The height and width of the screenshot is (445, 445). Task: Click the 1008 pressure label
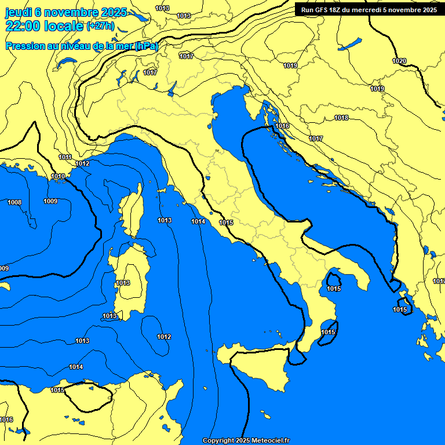click(x=14, y=202)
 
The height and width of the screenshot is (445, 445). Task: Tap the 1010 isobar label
click(x=58, y=176)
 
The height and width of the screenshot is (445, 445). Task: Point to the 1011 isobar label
click(x=65, y=157)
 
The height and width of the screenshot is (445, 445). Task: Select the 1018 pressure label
click(x=341, y=118)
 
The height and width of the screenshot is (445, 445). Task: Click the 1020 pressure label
click(x=399, y=61)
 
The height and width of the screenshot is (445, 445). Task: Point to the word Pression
click(x=24, y=46)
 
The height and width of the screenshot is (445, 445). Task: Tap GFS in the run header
click(x=320, y=10)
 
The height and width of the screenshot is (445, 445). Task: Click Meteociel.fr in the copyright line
click(x=271, y=441)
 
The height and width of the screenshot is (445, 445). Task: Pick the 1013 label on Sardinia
click(x=123, y=283)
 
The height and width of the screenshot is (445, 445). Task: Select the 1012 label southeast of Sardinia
click(x=164, y=337)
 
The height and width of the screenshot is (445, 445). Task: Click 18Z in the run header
click(x=335, y=10)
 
